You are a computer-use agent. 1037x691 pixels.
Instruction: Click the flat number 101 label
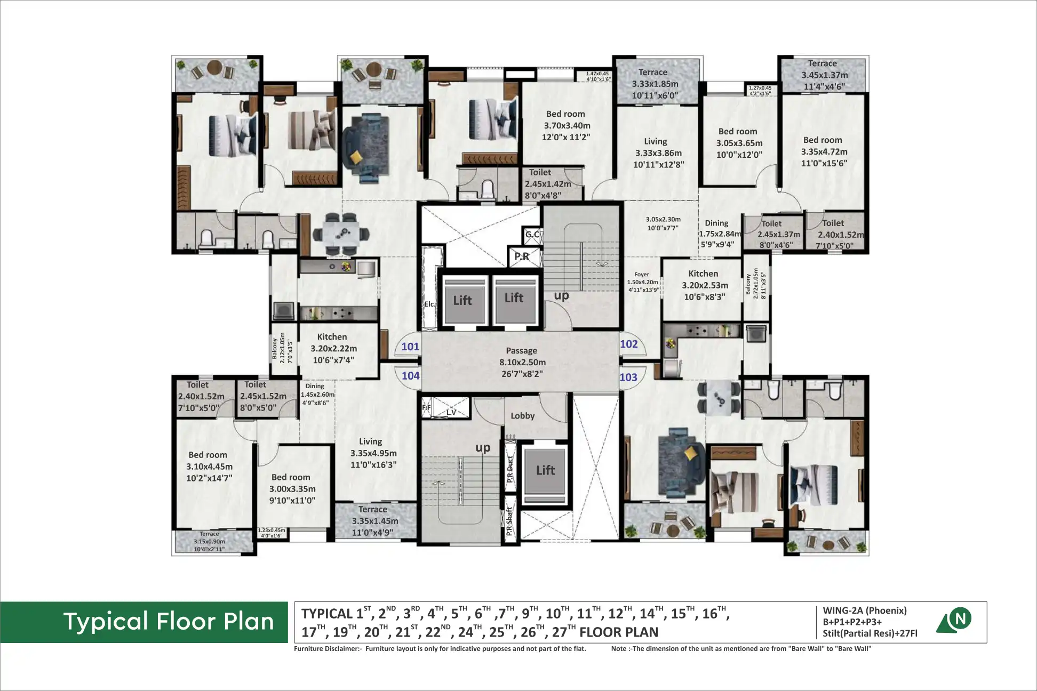[410, 347]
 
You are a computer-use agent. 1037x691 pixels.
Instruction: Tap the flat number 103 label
[628, 377]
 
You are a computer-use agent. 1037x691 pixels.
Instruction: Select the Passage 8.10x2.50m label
[522, 362]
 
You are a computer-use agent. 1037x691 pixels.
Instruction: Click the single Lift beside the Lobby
[545, 470]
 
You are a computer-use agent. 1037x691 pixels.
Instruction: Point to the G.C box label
[532, 234]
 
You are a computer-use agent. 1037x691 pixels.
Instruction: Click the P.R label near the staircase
[522, 256]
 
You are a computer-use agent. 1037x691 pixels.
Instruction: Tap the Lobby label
[522, 416]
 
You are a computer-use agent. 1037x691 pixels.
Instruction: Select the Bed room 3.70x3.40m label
[566, 125]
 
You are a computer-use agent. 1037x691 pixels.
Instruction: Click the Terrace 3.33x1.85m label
[655, 84]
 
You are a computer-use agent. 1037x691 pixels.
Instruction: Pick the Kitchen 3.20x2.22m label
[333, 348]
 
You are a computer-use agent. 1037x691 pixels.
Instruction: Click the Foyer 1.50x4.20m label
[642, 282]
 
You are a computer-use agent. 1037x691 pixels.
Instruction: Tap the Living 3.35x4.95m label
[373, 453]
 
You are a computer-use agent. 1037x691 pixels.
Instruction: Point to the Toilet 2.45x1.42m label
[547, 183]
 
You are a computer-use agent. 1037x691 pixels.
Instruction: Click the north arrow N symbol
[960, 618]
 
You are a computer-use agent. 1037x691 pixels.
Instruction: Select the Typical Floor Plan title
[169, 622]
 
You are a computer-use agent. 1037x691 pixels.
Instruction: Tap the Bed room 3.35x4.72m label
[824, 151]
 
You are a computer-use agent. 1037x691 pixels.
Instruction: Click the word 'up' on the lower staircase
[483, 448]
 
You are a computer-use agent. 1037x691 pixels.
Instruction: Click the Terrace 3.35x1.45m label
[374, 521]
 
